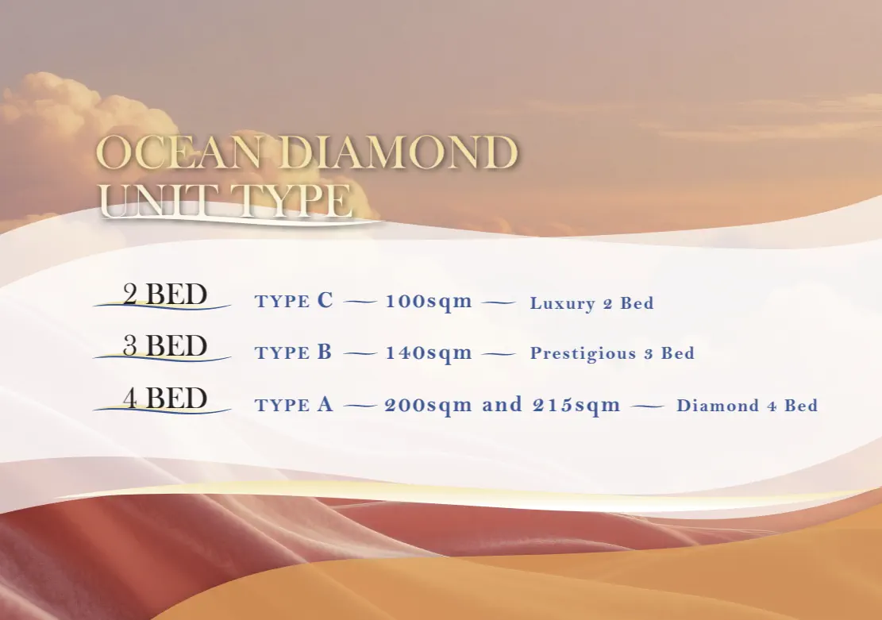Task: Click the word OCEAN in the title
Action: click(x=179, y=152)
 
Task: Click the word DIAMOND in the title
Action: click(x=397, y=152)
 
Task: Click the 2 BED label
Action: click(x=165, y=294)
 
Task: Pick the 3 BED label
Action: click(x=165, y=345)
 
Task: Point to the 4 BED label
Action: click(x=165, y=398)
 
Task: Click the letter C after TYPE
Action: click(x=325, y=300)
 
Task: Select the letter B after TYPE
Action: click(x=325, y=352)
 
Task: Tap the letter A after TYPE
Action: click(x=325, y=404)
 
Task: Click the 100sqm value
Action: click(x=429, y=301)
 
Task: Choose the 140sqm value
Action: click(x=429, y=352)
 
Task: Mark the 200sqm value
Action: click(x=429, y=405)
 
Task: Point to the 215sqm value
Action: click(x=576, y=405)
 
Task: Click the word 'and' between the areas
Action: click(x=503, y=405)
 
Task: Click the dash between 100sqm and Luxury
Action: click(x=499, y=302)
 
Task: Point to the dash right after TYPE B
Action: click(x=360, y=354)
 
